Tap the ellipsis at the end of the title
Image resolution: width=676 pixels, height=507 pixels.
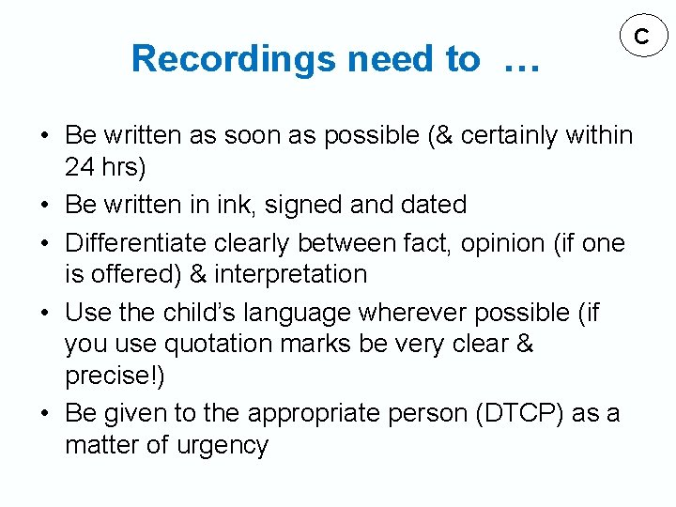[x=521, y=63]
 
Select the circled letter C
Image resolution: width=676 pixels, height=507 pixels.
[x=642, y=38]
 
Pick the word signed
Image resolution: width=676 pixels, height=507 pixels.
[x=330, y=205]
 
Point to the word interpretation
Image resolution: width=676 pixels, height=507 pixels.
[x=291, y=274]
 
